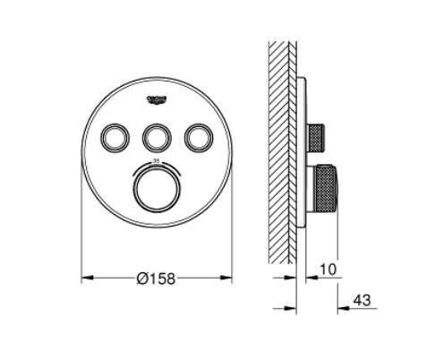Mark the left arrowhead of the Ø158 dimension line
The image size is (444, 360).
click(x=87, y=279)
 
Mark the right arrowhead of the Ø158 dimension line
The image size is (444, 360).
click(x=227, y=279)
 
